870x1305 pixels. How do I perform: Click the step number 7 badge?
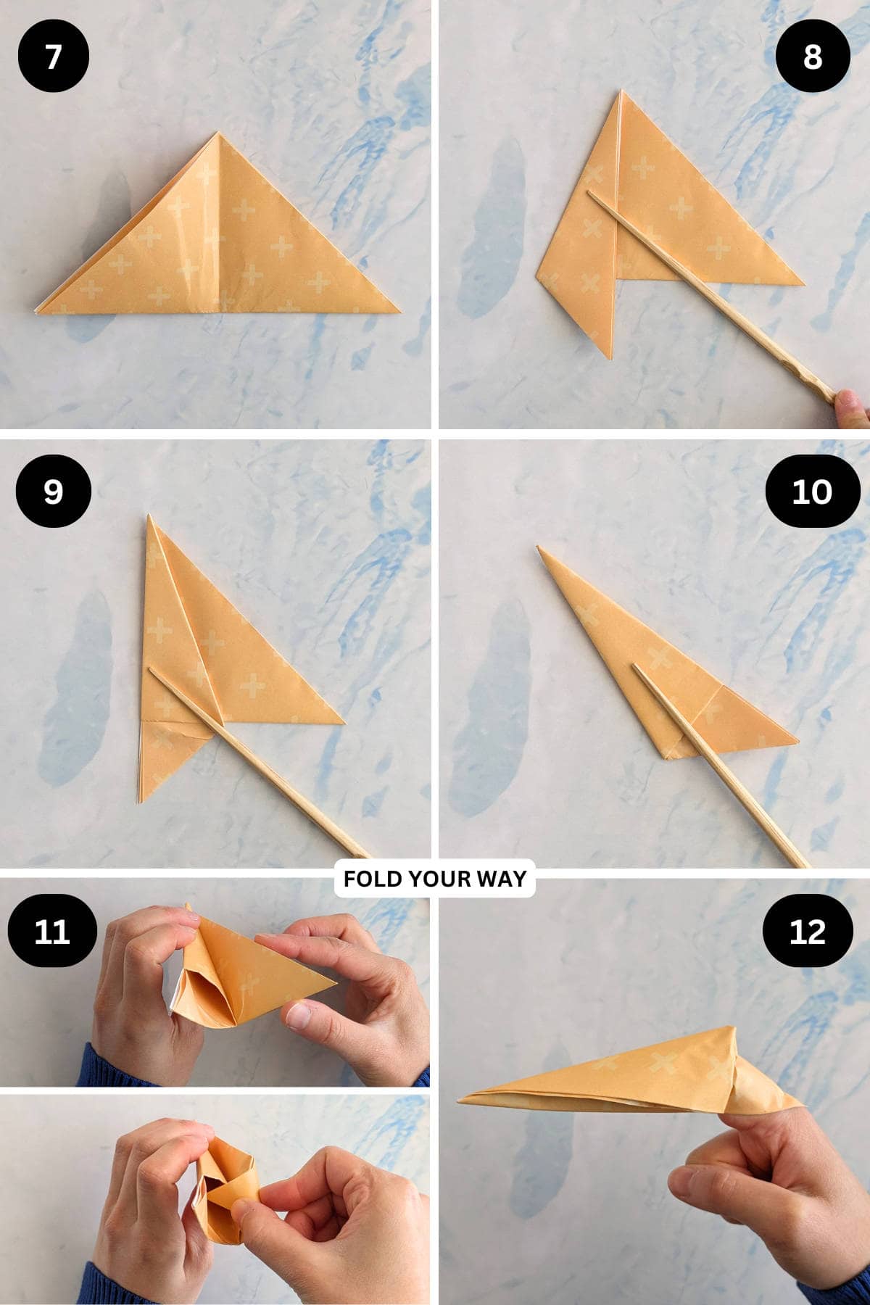pyautogui.click(x=53, y=57)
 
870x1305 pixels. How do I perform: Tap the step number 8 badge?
pyautogui.click(x=812, y=57)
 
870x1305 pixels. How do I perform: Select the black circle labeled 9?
pyautogui.click(x=53, y=492)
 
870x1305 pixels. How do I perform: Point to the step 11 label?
pyautogui.click(x=52, y=931)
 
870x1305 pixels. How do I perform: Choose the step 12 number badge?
pyautogui.click(x=808, y=931)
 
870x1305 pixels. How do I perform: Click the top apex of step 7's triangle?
pyautogui.click(x=217, y=133)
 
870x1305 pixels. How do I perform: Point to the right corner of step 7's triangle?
pyautogui.click(x=398, y=312)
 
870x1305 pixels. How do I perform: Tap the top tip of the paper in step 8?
pyautogui.click(x=621, y=92)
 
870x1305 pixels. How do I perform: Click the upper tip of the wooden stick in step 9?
pyautogui.click(x=152, y=669)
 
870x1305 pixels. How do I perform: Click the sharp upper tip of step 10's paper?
pyautogui.click(x=539, y=547)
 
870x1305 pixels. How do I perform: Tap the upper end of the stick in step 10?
pyautogui.click(x=636, y=666)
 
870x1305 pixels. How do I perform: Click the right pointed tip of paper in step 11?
pyautogui.click(x=336, y=984)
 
